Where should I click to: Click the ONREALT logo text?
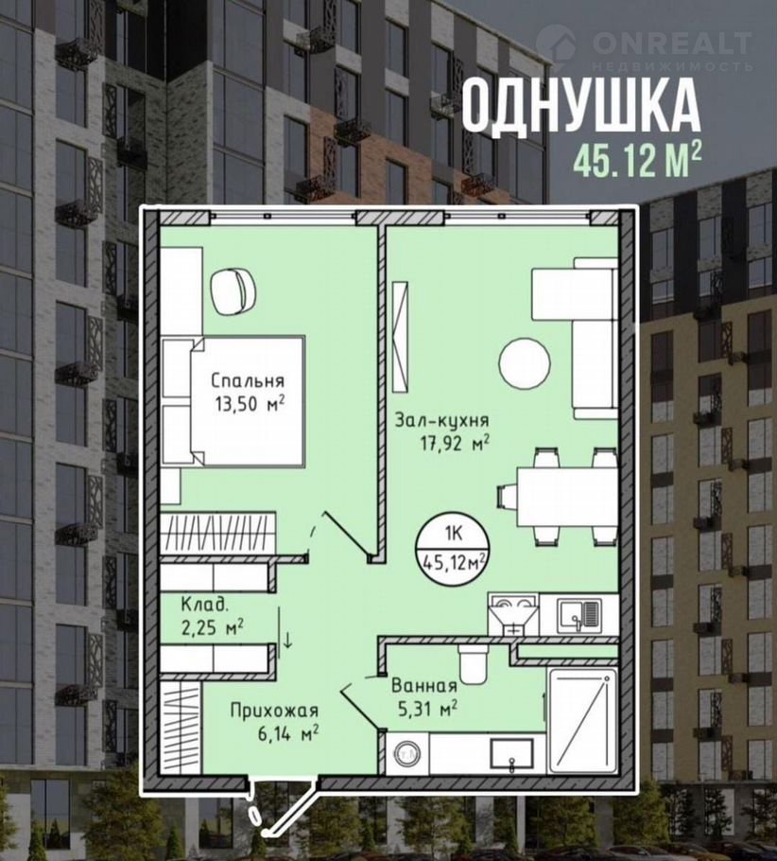pyautogui.click(x=672, y=44)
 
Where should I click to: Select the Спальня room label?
pyautogui.click(x=248, y=380)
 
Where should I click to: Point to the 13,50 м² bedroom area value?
pyautogui.click(x=250, y=404)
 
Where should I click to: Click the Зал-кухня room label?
pyautogui.click(x=442, y=421)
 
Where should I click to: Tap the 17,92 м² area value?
pyautogui.click(x=455, y=444)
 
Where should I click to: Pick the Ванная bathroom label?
pyautogui.click(x=424, y=685)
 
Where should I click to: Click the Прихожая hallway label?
pyautogui.click(x=274, y=712)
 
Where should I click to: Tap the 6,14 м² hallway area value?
pyautogui.click(x=288, y=733)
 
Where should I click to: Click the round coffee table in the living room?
pyautogui.click(x=525, y=363)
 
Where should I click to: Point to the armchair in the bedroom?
pyautogui.click(x=233, y=291)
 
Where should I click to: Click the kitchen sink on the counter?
pyautogui.click(x=578, y=613)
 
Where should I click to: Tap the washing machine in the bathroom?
pyautogui.click(x=406, y=753)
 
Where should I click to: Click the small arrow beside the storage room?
pyautogui.click(x=287, y=640)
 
